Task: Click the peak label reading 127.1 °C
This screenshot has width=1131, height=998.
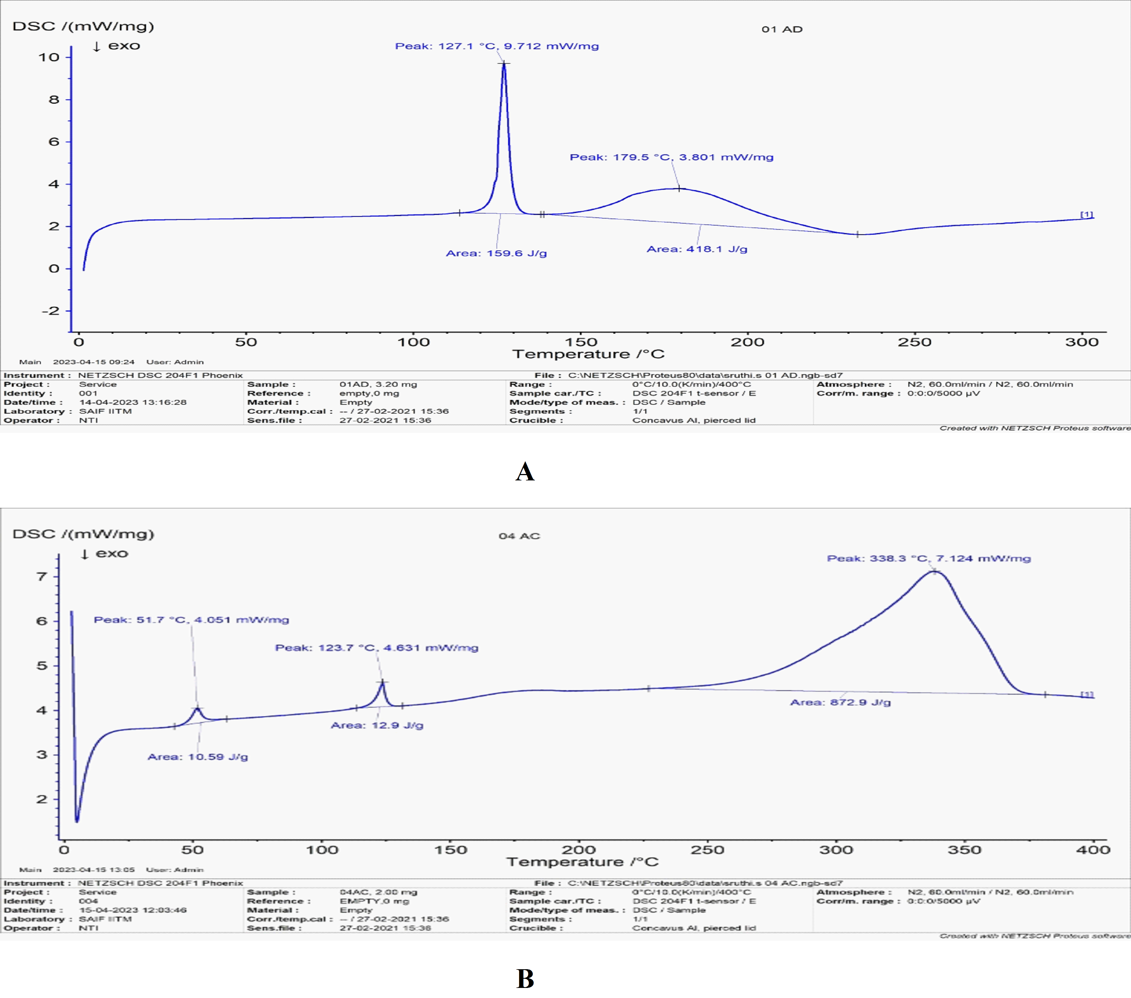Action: click(x=496, y=46)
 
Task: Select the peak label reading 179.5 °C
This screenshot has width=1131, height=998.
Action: click(x=671, y=157)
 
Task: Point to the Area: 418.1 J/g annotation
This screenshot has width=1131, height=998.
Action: click(x=697, y=249)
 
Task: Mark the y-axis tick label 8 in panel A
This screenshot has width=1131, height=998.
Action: click(x=54, y=100)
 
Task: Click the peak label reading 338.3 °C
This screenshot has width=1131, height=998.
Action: click(x=928, y=558)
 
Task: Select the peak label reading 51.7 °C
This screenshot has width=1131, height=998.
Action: click(x=191, y=620)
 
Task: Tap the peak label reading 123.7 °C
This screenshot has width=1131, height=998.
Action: click(x=376, y=648)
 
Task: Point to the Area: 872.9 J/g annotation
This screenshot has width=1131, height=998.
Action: click(x=840, y=702)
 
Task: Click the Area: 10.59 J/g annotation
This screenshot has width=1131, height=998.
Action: click(x=197, y=757)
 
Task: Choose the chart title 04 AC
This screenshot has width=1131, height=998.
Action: click(x=519, y=536)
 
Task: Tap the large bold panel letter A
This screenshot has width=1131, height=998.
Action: click(x=525, y=471)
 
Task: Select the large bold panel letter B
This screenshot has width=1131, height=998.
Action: click(x=525, y=979)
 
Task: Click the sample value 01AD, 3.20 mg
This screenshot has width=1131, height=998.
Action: click(x=378, y=384)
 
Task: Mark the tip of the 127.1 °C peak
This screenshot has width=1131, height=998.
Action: click(x=504, y=64)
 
